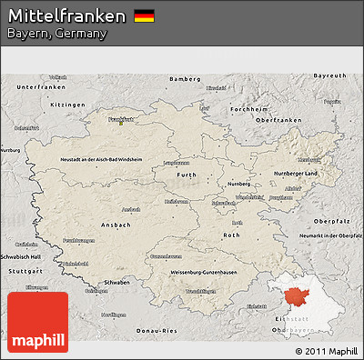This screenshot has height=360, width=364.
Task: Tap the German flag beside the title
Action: click(x=144, y=15)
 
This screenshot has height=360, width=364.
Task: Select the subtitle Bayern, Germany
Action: click(x=56, y=34)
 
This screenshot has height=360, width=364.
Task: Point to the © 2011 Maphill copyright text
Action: click(x=326, y=350)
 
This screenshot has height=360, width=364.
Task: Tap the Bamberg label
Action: click(x=184, y=79)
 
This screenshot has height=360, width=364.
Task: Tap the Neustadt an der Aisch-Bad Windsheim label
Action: click(x=101, y=159)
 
